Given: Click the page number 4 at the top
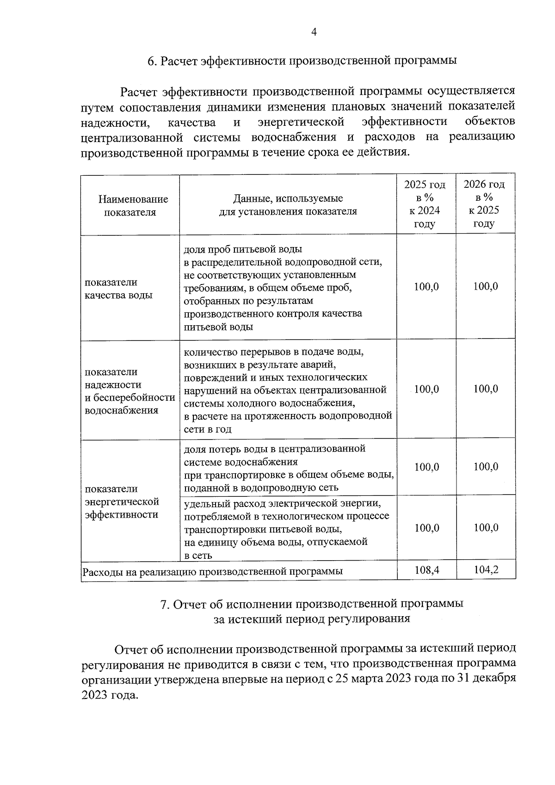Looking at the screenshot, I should click(314, 32).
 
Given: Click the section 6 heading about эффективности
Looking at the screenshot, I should click(302, 61).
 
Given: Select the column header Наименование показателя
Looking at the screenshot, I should click(133, 206).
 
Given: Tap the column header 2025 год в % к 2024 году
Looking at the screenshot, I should click(425, 204).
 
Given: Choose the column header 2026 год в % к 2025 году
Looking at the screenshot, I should click(484, 204).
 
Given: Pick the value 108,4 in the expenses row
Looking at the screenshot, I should click(426, 569).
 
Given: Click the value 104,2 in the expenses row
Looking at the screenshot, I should click(486, 569).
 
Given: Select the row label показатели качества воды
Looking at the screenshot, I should click(118, 289).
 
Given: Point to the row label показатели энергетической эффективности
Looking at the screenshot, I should click(122, 502).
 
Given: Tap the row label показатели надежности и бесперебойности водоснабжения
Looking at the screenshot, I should click(129, 391).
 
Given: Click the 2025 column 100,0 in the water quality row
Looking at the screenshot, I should click(426, 287).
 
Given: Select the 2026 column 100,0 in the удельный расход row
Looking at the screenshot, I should click(486, 528).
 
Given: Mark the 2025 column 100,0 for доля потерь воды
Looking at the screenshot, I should click(426, 467).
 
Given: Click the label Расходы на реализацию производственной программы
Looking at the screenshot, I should click(213, 571).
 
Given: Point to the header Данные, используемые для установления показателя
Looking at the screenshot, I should click(288, 205).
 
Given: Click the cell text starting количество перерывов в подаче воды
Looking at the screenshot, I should click(274, 352).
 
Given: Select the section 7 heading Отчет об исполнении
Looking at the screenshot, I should click(311, 611).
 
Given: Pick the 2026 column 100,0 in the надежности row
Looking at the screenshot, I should click(486, 389).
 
